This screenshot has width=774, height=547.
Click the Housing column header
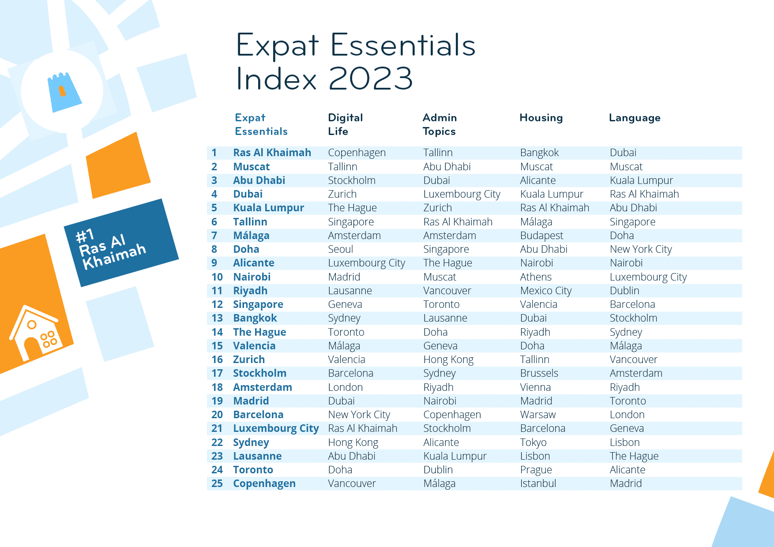(541, 118)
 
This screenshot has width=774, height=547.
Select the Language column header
(635, 118)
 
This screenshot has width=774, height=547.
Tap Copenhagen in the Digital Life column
(357, 153)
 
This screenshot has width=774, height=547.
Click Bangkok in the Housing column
(539, 153)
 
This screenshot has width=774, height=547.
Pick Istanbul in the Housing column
(538, 483)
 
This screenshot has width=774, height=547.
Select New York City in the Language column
(641, 249)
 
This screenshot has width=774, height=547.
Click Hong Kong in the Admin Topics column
(448, 360)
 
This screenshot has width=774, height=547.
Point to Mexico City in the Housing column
(546, 291)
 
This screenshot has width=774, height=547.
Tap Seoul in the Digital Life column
(340, 249)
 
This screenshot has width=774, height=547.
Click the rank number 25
(217, 483)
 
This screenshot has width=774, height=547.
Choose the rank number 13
(217, 318)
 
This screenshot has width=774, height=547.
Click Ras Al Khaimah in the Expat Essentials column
(272, 153)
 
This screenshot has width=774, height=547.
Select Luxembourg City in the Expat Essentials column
(276, 428)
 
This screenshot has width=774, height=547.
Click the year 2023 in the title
(371, 79)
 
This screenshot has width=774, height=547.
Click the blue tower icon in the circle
(64, 92)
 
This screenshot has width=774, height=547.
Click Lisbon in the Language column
(624, 442)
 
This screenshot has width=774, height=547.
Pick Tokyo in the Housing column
(533, 442)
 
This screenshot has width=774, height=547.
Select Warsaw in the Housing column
(538, 415)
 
